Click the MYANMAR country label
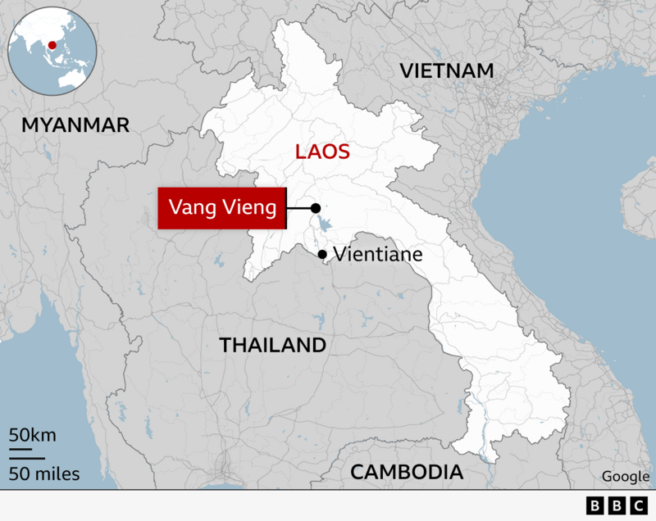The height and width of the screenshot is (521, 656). pos(75,125)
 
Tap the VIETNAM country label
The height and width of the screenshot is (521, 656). pos(448,70)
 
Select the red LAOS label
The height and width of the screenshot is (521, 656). pos(323,152)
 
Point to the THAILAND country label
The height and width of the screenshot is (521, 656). pos(272,345)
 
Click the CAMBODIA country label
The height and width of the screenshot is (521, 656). pos(406,472)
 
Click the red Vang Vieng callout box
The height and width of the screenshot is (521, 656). pos(221,208)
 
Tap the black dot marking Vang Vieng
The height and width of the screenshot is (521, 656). pos(315,208)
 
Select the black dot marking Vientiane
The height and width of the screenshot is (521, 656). pos(323,255)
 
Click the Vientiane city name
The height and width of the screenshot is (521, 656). pos(378,255)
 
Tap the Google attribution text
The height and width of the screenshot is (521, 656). pos(624,476)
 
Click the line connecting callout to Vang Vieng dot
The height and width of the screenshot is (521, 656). pos(298,208)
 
